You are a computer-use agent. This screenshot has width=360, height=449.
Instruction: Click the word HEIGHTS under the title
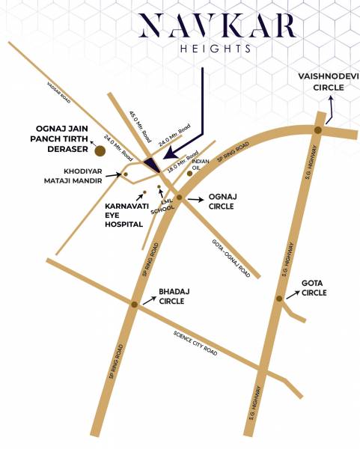(x=180, y=49)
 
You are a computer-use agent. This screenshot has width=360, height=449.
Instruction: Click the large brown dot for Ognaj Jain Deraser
(x=100, y=151)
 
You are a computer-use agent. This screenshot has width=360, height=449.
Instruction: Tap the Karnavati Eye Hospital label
(x=123, y=215)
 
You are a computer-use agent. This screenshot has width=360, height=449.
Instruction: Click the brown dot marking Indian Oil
(x=189, y=174)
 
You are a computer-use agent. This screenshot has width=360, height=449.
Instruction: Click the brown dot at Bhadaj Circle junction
(x=135, y=305)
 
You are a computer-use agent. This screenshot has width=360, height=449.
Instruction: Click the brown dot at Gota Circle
(x=278, y=299)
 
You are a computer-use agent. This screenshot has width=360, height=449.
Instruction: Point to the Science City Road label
(x=195, y=343)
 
